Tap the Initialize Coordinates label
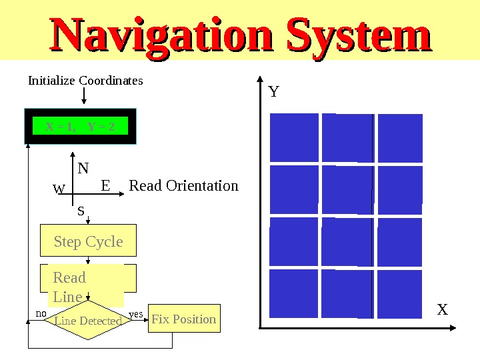click(85, 81)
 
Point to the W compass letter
click(59, 190)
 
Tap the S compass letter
click(81, 211)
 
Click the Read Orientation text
click(183, 185)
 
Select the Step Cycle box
click(89, 241)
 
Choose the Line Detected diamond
click(88, 321)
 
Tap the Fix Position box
click(184, 319)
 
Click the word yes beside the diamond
click(136, 313)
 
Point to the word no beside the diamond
click(41, 313)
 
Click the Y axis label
click(273, 91)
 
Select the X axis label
click(442, 310)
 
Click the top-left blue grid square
click(294, 137)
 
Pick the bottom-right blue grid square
click(400, 294)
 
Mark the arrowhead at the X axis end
click(453, 328)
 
